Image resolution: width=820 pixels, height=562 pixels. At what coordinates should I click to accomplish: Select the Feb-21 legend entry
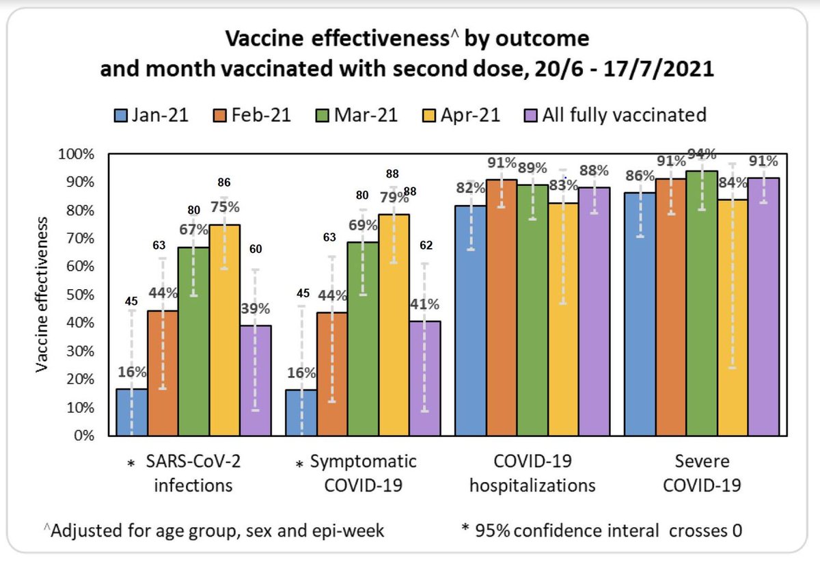(x=252, y=115)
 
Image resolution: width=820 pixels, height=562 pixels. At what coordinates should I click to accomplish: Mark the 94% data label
(x=702, y=153)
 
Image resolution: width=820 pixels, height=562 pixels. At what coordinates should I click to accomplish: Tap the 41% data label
(x=425, y=303)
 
